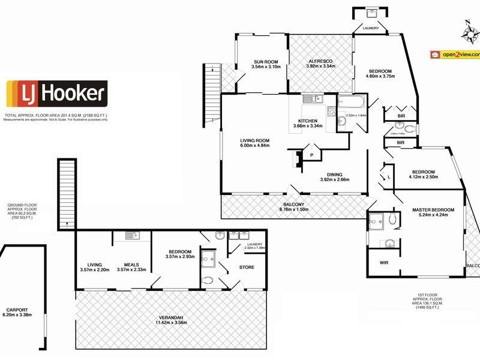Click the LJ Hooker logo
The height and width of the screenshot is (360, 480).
coord(56,94)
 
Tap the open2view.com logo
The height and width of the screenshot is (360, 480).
coord(455,54)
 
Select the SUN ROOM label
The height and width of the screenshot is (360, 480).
coord(265,62)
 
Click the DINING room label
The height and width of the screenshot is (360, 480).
coord(334,175)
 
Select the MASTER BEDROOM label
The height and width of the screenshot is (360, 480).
coord(433,210)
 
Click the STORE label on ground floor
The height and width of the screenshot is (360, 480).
coord(247,267)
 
